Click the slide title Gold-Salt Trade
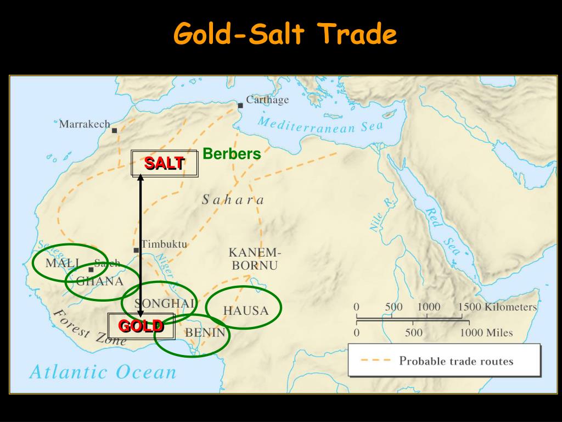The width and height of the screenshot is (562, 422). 284,35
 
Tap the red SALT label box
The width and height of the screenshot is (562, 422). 164,163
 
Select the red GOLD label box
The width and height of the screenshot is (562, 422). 141,326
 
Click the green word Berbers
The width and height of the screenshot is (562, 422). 232,154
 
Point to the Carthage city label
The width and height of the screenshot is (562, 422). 267,100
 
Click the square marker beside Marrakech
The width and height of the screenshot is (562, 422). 115,130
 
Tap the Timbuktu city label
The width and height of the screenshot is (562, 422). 164,244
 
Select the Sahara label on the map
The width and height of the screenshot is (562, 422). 233,199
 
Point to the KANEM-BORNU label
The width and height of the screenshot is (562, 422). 254,259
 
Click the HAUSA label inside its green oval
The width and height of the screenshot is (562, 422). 246,311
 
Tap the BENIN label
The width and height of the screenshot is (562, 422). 205,332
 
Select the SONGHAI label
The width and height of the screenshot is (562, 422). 165,304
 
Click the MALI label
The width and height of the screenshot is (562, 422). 62,263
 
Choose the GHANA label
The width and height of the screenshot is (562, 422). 99,281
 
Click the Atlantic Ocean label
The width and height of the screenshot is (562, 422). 103,372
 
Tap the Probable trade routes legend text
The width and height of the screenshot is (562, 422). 456,361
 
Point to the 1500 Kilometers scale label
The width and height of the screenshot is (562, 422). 497,307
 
